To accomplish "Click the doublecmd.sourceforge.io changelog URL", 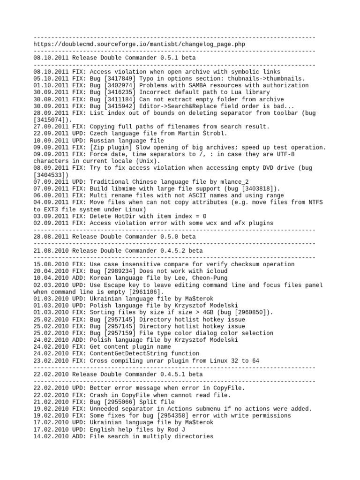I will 139,44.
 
